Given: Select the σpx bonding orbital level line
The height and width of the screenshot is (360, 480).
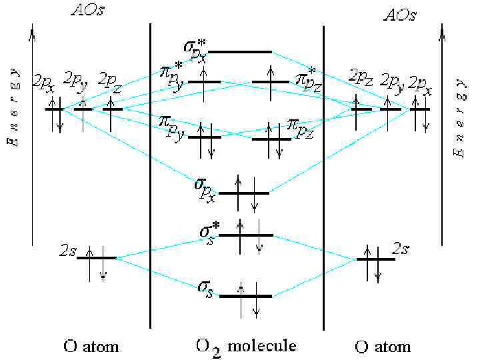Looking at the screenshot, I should tap(244, 193).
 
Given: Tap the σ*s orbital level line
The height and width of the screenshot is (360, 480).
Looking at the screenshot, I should tap(246, 235).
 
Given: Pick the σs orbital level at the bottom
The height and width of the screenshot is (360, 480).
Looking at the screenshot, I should tap(245, 295).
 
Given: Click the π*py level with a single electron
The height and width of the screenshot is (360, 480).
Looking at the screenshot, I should tap(204, 82).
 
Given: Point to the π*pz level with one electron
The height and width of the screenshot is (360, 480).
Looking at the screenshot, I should tap(271, 83).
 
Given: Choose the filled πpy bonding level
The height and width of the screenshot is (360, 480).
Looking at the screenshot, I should tap(205, 137).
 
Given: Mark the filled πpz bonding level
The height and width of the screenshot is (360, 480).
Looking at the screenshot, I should tap(271, 139).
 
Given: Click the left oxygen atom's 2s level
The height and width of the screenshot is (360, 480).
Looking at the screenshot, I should tap(97, 257).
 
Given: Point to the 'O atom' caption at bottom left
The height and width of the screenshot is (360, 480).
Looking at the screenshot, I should tap(91, 346).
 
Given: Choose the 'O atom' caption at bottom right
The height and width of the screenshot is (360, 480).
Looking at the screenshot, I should tap(383, 347).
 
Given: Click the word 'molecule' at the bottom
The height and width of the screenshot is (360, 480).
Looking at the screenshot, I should tap(262, 346).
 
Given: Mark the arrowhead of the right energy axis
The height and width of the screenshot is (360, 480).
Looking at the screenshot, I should tap(441, 28).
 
